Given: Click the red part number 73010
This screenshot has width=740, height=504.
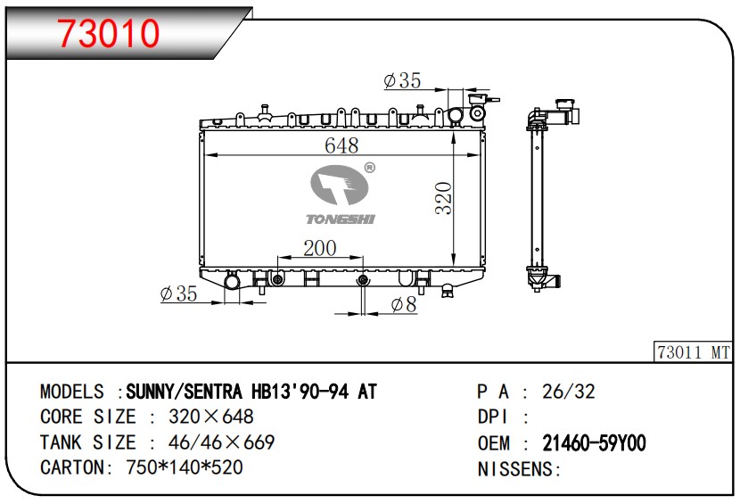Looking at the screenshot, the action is pyautogui.click(x=109, y=32).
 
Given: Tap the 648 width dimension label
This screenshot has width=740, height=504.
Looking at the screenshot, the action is pyautogui.click(x=341, y=145).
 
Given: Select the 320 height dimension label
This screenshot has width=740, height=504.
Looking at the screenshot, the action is pyautogui.click(x=444, y=198).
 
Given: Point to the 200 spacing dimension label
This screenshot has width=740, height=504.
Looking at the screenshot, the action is pyautogui.click(x=319, y=248).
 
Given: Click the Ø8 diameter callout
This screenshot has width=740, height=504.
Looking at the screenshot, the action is pyautogui.click(x=404, y=305).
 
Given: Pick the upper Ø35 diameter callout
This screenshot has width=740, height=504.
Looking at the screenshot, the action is pyautogui.click(x=403, y=80).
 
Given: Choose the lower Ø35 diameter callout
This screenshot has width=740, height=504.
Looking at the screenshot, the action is pyautogui.click(x=178, y=293).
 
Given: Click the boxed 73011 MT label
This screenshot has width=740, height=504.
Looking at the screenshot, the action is pyautogui.click(x=694, y=351).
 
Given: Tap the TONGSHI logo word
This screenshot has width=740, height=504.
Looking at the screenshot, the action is pyautogui.click(x=341, y=219).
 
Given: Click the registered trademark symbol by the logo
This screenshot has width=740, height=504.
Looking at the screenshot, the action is pyautogui.click(x=369, y=168).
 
